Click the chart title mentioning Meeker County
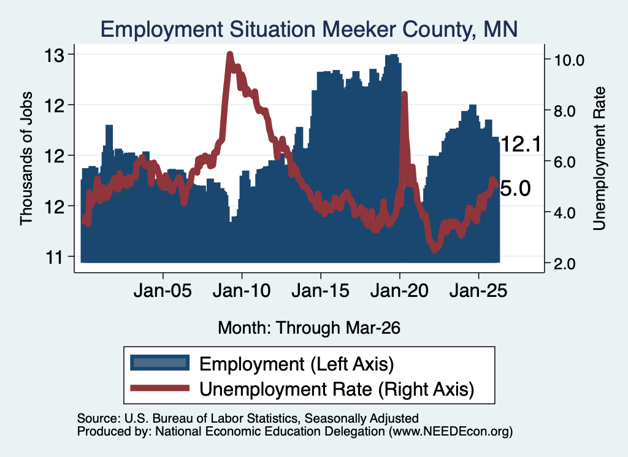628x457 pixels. pyautogui.click(x=309, y=29)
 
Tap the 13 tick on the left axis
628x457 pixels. pyautogui.click(x=54, y=55)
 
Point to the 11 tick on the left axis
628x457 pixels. pyautogui.click(x=54, y=257)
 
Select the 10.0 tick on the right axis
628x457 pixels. pyautogui.click(x=569, y=60)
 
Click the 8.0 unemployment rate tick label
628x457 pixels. pyautogui.click(x=565, y=111)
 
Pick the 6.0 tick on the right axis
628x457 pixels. pyautogui.click(x=565, y=162)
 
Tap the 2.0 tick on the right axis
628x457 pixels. pyautogui.click(x=565, y=264)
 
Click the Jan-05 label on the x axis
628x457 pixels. pyautogui.click(x=163, y=290)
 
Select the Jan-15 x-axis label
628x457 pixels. pyautogui.click(x=320, y=290)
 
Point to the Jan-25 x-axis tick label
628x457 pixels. pyautogui.click(x=478, y=290)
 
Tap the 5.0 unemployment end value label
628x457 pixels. pyautogui.click(x=515, y=188)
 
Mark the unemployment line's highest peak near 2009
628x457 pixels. pyautogui.click(x=229, y=55)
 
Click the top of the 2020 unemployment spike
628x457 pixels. pyautogui.click(x=404, y=94)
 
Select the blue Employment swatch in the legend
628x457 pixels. pyautogui.click(x=160, y=363)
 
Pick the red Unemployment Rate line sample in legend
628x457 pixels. pyautogui.click(x=160, y=388)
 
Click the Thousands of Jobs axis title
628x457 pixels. pyautogui.click(x=26, y=158)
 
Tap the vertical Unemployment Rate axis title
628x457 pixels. pyautogui.click(x=599, y=158)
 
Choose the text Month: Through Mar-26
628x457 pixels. pyautogui.click(x=309, y=328)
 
